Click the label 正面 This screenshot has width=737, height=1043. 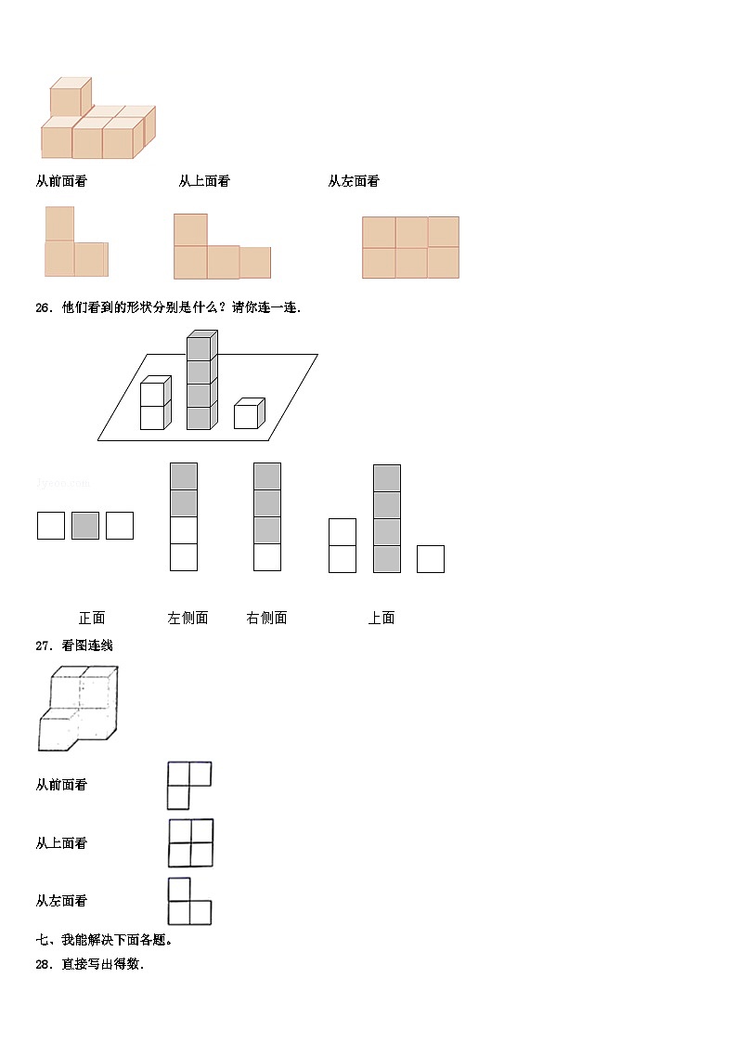92,618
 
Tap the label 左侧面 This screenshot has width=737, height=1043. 187,618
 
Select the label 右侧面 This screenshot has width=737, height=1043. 266,618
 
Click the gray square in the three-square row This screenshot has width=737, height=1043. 85,526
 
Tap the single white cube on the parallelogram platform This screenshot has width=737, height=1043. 248,414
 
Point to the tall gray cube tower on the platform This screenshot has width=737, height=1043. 200,381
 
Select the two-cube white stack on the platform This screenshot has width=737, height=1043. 154,404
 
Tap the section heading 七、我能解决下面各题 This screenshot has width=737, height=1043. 104,940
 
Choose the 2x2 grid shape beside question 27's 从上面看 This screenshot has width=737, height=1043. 191,842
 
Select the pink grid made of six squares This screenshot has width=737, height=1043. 410,247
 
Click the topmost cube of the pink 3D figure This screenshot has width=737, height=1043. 69,98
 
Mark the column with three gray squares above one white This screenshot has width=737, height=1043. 267,516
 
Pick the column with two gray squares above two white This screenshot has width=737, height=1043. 184,516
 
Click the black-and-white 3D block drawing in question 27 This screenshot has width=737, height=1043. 79,708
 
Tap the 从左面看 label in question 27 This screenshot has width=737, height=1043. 61,901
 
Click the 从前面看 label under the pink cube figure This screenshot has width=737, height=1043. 61,182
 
